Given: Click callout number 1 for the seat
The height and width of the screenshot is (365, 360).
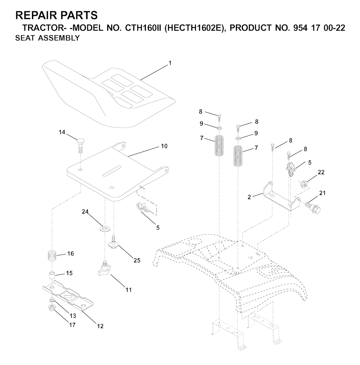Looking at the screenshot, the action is [170, 63].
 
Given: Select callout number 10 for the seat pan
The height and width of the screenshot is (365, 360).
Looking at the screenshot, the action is [164, 146].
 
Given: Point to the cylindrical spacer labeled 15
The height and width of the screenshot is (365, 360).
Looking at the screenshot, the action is [52, 275].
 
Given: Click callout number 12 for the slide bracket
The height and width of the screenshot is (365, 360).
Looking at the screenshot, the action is [100, 326].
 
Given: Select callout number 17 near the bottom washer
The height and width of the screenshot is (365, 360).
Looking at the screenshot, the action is [72, 325].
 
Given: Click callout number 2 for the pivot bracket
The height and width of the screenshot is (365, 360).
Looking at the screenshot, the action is [249, 197].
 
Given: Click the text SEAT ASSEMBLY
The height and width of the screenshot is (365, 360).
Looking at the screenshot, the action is [47, 38].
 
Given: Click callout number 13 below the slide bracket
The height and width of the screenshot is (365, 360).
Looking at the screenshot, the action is [73, 316].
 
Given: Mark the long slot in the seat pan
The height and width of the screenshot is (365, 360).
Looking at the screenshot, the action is [112, 171].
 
